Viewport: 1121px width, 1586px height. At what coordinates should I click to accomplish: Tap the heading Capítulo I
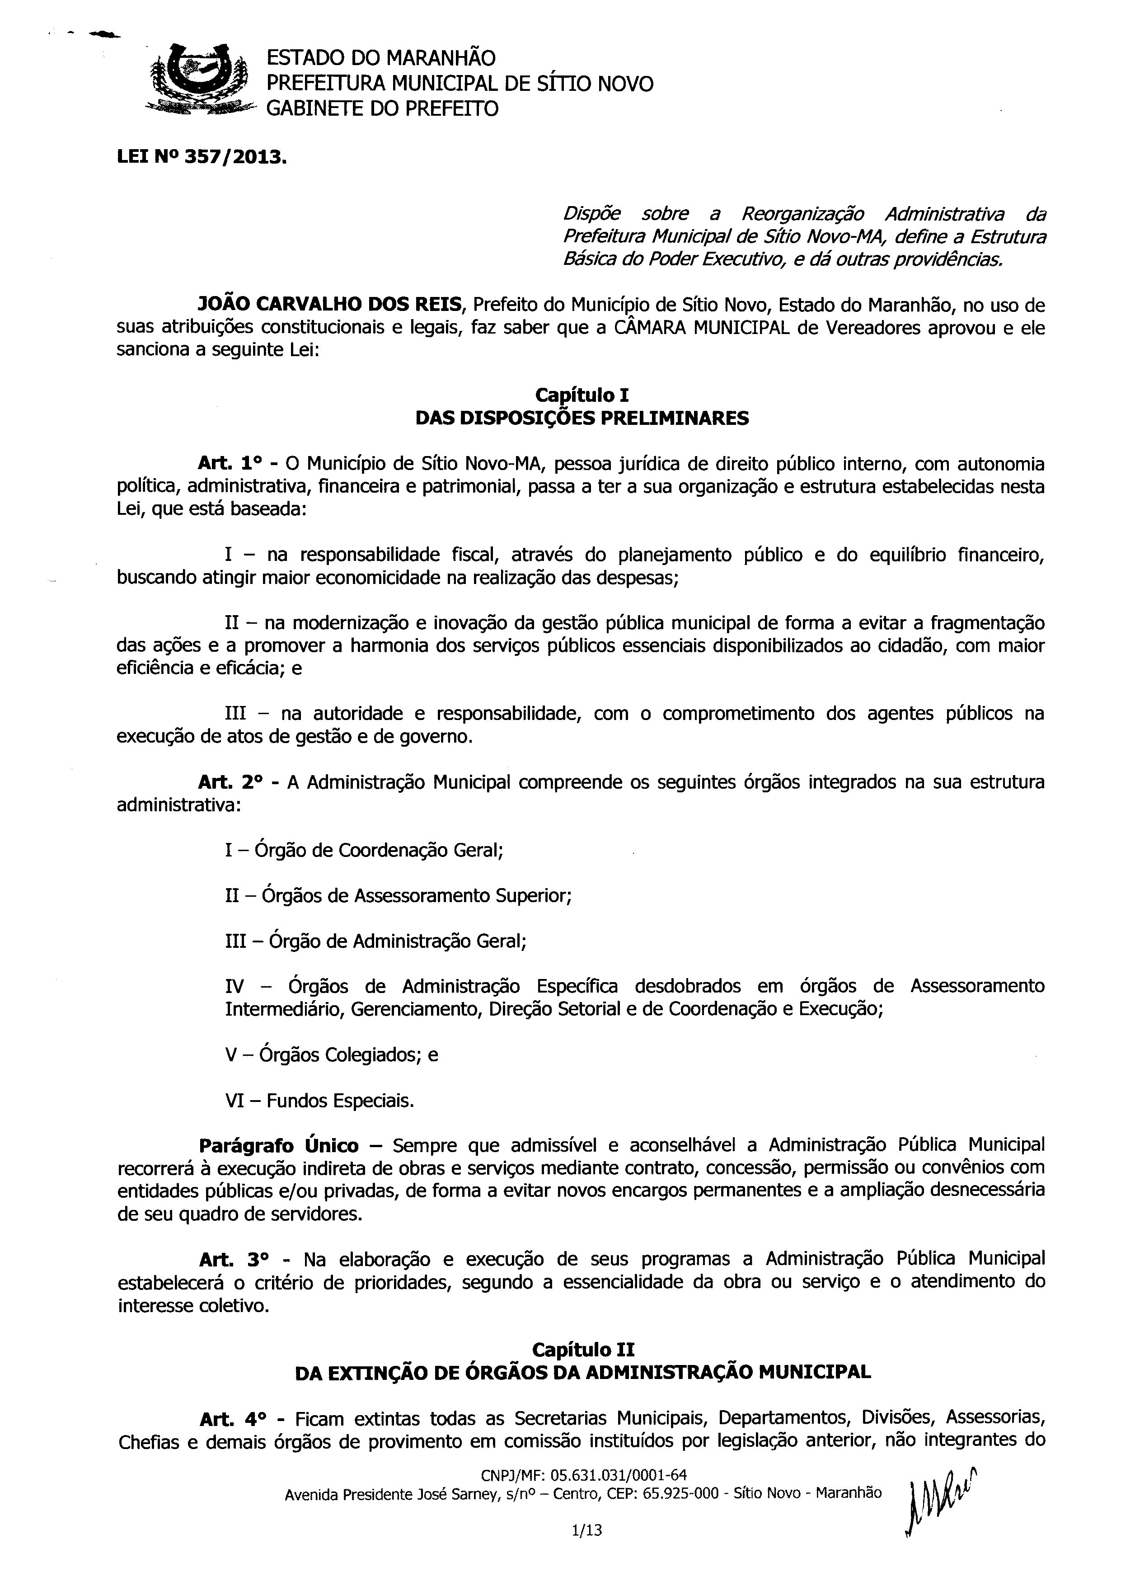582,395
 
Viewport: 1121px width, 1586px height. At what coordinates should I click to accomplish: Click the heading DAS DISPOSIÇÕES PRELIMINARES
582,419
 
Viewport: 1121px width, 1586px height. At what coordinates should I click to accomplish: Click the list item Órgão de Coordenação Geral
364,850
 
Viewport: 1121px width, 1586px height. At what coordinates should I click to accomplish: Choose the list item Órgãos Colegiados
332,1055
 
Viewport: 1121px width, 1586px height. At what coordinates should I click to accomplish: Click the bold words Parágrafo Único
279,1146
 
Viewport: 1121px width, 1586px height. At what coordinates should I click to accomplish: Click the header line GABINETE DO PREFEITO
382,109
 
